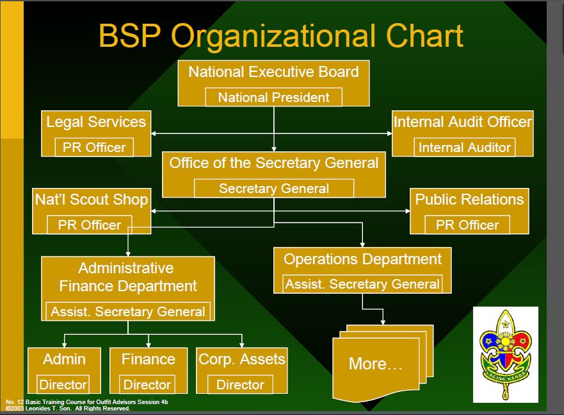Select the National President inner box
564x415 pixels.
coord(273,97)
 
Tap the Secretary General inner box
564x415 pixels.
coord(273,189)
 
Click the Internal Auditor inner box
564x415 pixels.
coord(464,148)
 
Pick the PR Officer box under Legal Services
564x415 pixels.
coord(94,148)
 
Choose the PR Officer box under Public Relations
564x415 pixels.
coord(467,225)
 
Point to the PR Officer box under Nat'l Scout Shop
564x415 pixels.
coord(89,225)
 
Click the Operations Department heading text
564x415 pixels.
coord(362,259)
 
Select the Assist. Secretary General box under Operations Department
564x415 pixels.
coord(362,284)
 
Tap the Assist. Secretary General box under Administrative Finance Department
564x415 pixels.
coord(128,312)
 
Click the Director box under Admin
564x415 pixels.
coord(63,385)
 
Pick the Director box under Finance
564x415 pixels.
coord(147,385)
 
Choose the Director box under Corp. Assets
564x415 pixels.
coord(240,385)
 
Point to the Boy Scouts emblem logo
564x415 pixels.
coord(505,353)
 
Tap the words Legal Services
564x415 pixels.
coord(96,122)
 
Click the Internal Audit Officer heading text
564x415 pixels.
coord(462,122)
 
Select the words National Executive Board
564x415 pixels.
coord(273,72)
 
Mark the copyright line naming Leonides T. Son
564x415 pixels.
coord(67,409)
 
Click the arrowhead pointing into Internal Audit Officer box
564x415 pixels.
coord(389,133)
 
